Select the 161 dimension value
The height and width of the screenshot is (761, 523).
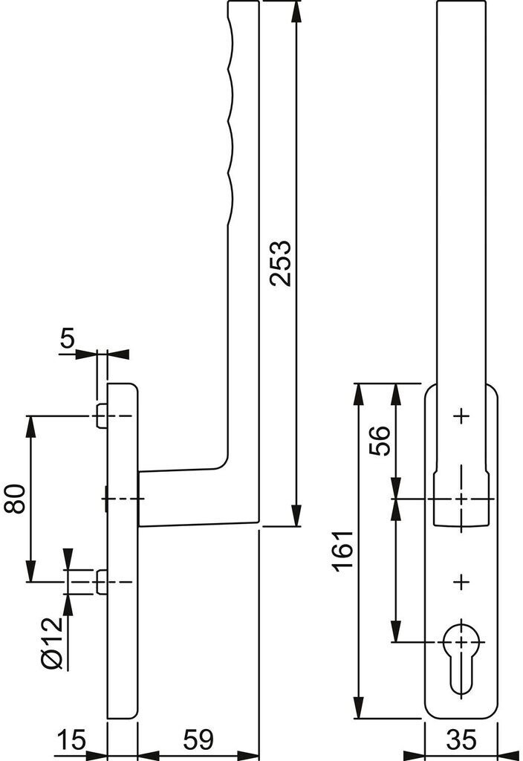coord(344,551)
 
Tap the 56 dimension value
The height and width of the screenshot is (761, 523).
coord(380,440)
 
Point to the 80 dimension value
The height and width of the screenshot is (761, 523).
coord(15,499)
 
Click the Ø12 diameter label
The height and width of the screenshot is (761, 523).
coord(53,643)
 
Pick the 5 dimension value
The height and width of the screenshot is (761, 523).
coord(68,338)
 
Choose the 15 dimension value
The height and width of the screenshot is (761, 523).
coord(71,739)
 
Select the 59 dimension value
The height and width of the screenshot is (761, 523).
coord(198,739)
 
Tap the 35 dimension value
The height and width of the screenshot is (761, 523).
coord(461,739)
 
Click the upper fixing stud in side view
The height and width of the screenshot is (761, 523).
coord(101,416)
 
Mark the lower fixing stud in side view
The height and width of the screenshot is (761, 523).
coord(101,582)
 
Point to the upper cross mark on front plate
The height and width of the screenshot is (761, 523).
coord(461,416)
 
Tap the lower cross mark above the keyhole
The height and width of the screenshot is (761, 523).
coord(461,581)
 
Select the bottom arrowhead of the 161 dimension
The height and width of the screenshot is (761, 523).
coord(359,707)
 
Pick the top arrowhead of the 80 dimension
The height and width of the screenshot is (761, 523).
coord(31,427)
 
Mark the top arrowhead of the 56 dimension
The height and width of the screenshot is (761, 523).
coord(397,394)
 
